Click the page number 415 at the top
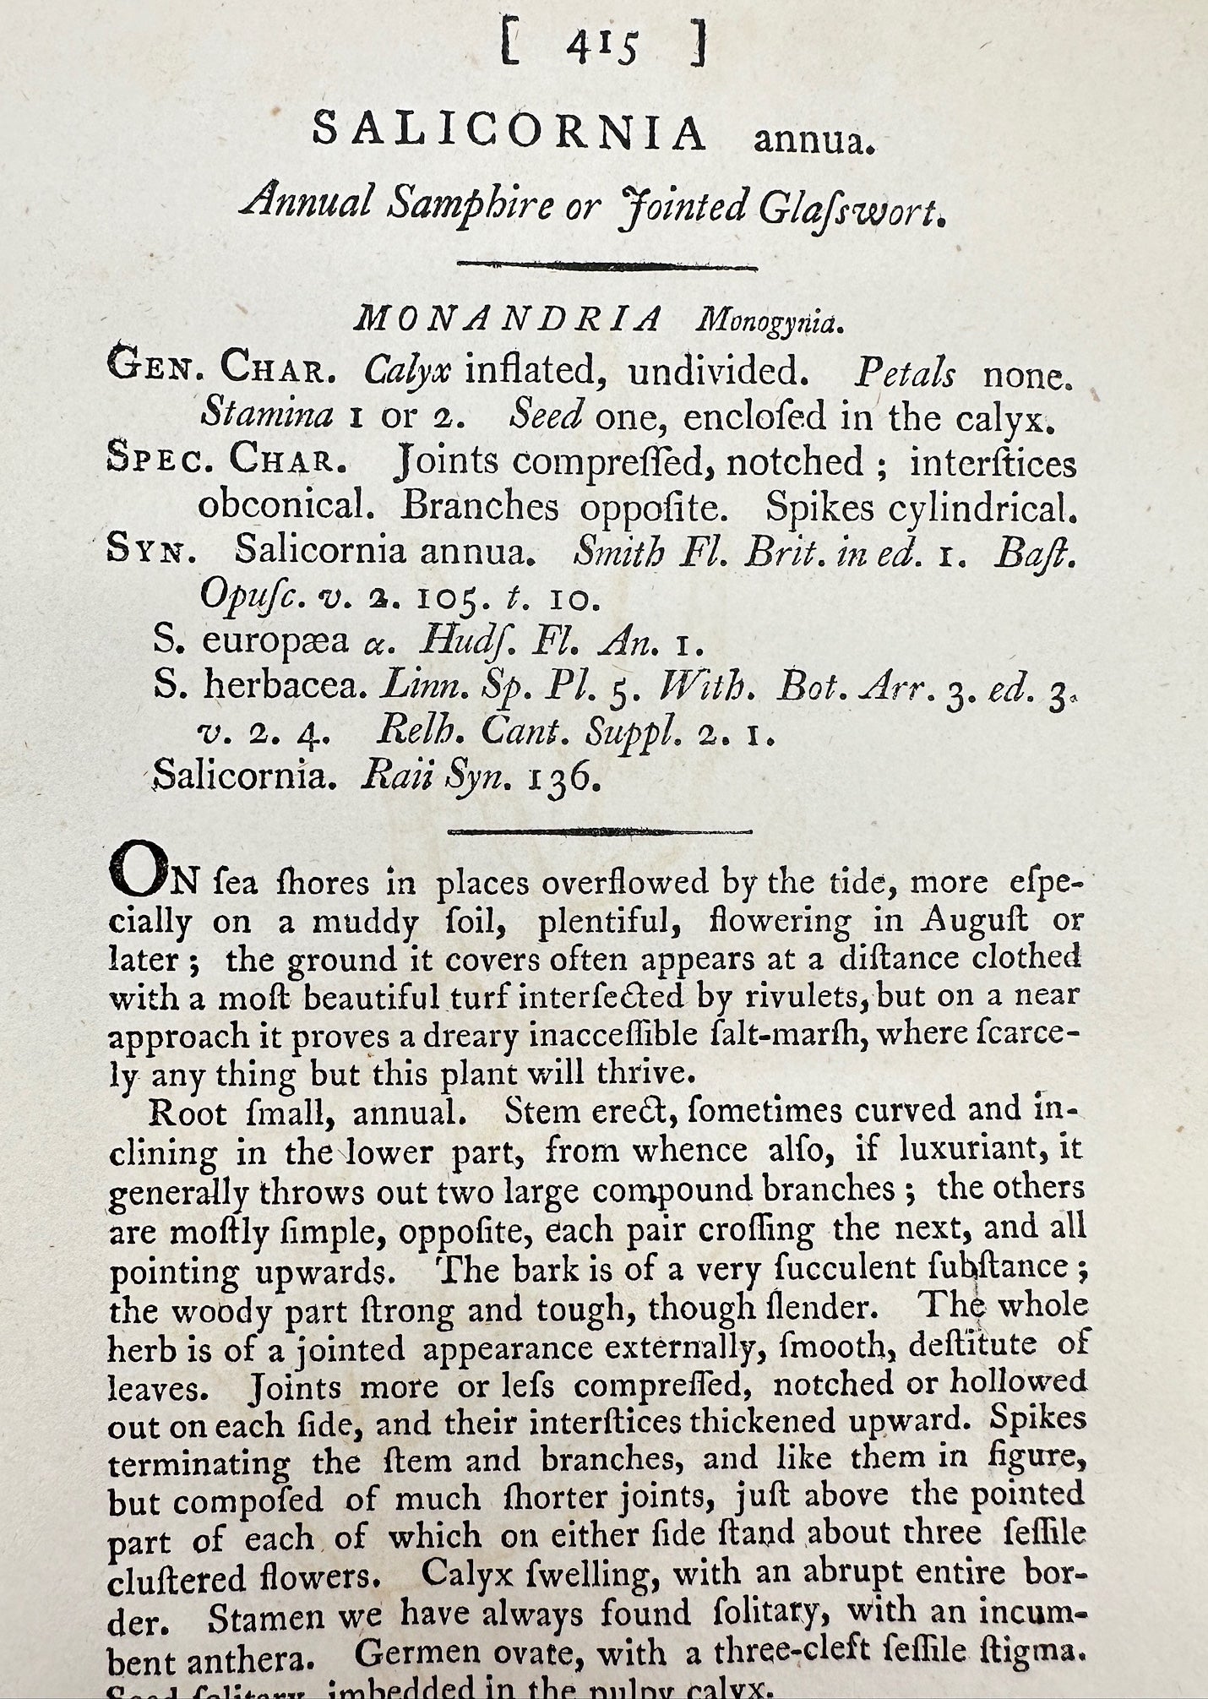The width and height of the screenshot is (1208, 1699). tap(604, 48)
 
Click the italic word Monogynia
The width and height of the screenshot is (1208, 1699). tap(766, 322)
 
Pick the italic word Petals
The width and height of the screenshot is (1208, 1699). tap(906, 373)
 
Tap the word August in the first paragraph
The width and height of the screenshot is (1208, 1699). tap(979, 920)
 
